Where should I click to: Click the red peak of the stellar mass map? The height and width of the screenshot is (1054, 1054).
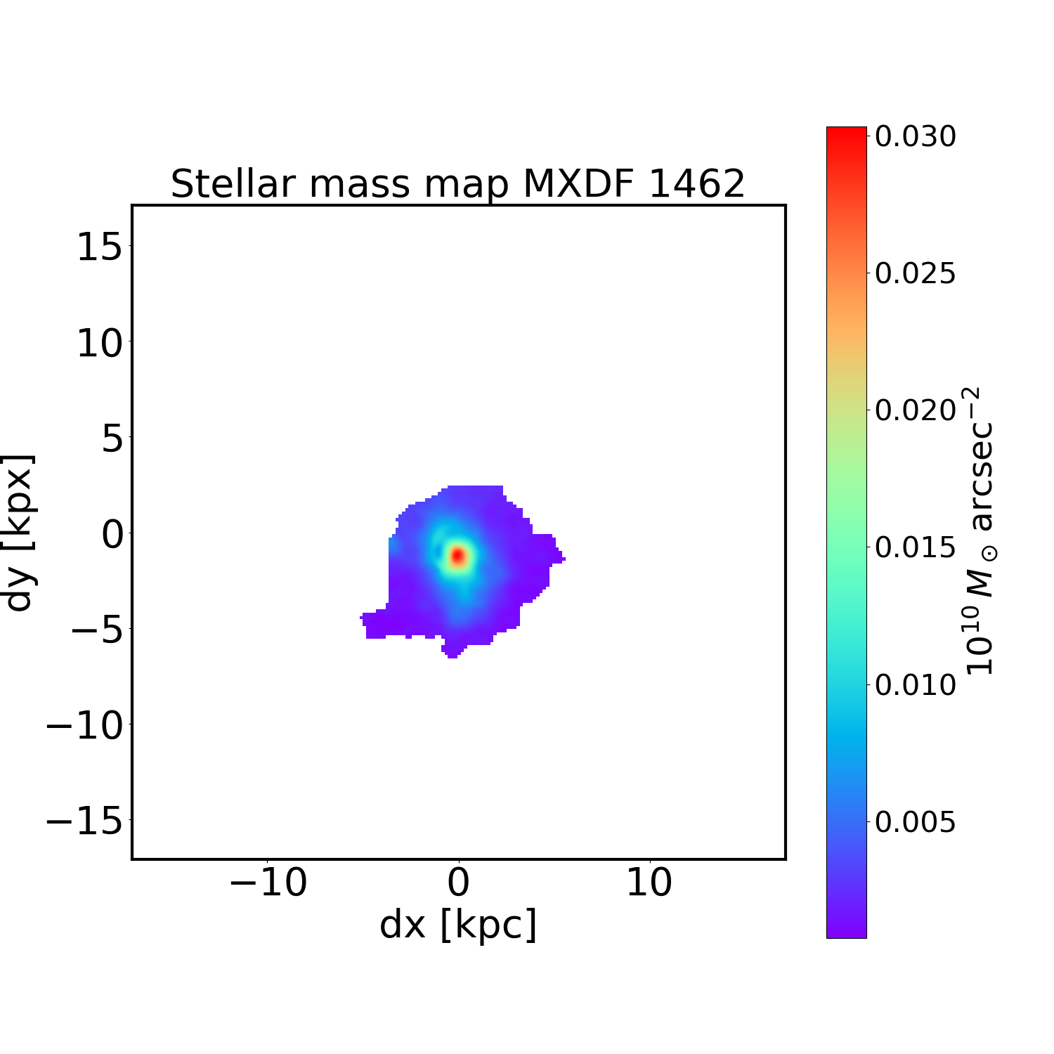pyautogui.click(x=458, y=556)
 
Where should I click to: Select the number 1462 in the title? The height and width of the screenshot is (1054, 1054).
pyautogui.click(x=696, y=184)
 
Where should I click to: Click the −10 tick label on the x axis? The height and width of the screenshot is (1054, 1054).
pyautogui.click(x=268, y=882)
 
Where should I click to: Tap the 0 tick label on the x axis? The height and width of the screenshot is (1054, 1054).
pyautogui.click(x=459, y=882)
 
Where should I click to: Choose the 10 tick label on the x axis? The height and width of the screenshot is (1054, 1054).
pyautogui.click(x=649, y=882)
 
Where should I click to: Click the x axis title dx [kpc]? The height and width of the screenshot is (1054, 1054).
pyautogui.click(x=458, y=924)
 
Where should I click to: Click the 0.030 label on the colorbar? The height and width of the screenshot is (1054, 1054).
pyautogui.click(x=915, y=136)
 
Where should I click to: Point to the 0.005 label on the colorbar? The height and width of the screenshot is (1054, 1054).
pyautogui.click(x=915, y=821)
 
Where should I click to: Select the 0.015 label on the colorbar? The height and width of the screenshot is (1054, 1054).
pyautogui.click(x=915, y=547)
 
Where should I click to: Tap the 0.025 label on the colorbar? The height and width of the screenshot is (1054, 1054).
pyautogui.click(x=915, y=273)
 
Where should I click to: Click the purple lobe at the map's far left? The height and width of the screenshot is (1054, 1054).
pyautogui.click(x=375, y=625)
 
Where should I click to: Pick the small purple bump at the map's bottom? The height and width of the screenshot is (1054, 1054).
pyautogui.click(x=453, y=649)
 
